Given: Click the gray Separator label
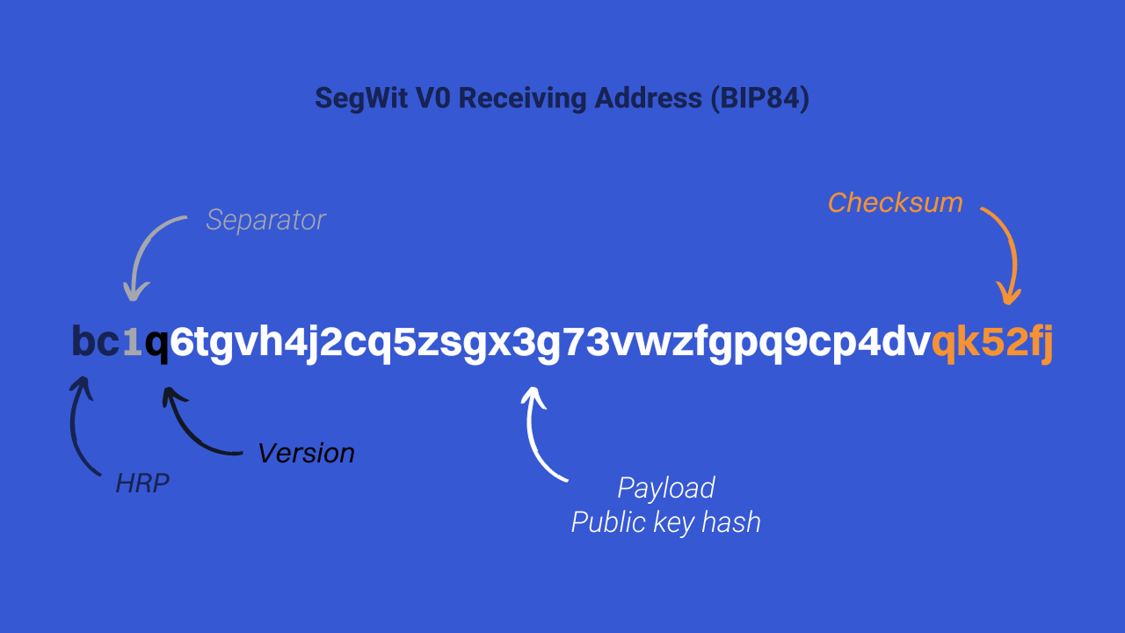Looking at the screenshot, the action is click(265, 220).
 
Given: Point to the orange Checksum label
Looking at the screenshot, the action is click(895, 203).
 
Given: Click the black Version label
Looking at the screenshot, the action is click(306, 454).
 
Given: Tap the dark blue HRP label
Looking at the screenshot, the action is click(142, 484).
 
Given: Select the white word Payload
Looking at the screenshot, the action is click(665, 488).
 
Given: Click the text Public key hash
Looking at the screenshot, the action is click(665, 523).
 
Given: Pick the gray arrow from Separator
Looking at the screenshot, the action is click(149, 251).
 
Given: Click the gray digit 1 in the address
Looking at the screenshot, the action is click(132, 343).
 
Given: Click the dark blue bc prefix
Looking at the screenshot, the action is click(96, 342).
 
